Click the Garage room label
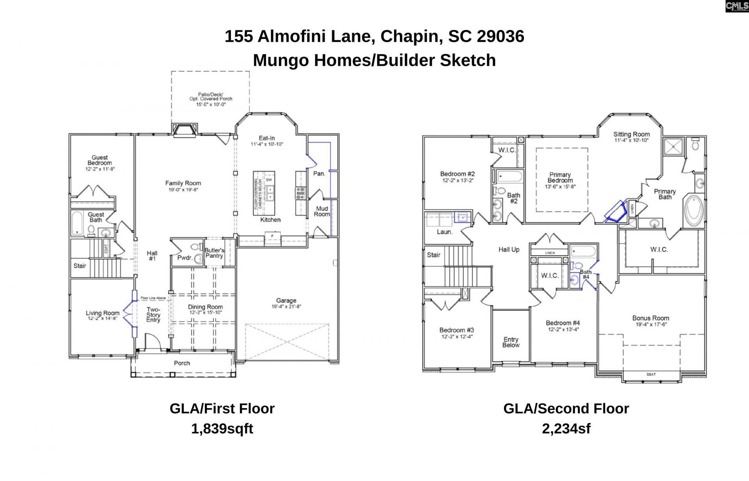coord(286,301)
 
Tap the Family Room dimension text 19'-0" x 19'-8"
coord(183,190)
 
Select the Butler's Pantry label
coord(214,253)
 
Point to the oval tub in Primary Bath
coord(694,211)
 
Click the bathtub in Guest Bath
coord(77,224)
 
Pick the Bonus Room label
coord(650,318)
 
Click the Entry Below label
coord(511,342)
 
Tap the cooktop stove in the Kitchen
coord(300,193)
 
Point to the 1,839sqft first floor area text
coord(222,429)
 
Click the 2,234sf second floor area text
coord(566,429)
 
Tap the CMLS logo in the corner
coord(737,6)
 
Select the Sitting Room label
coord(631,134)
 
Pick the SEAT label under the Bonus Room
coord(651,375)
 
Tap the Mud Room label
coord(321,211)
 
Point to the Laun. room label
coord(444,232)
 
